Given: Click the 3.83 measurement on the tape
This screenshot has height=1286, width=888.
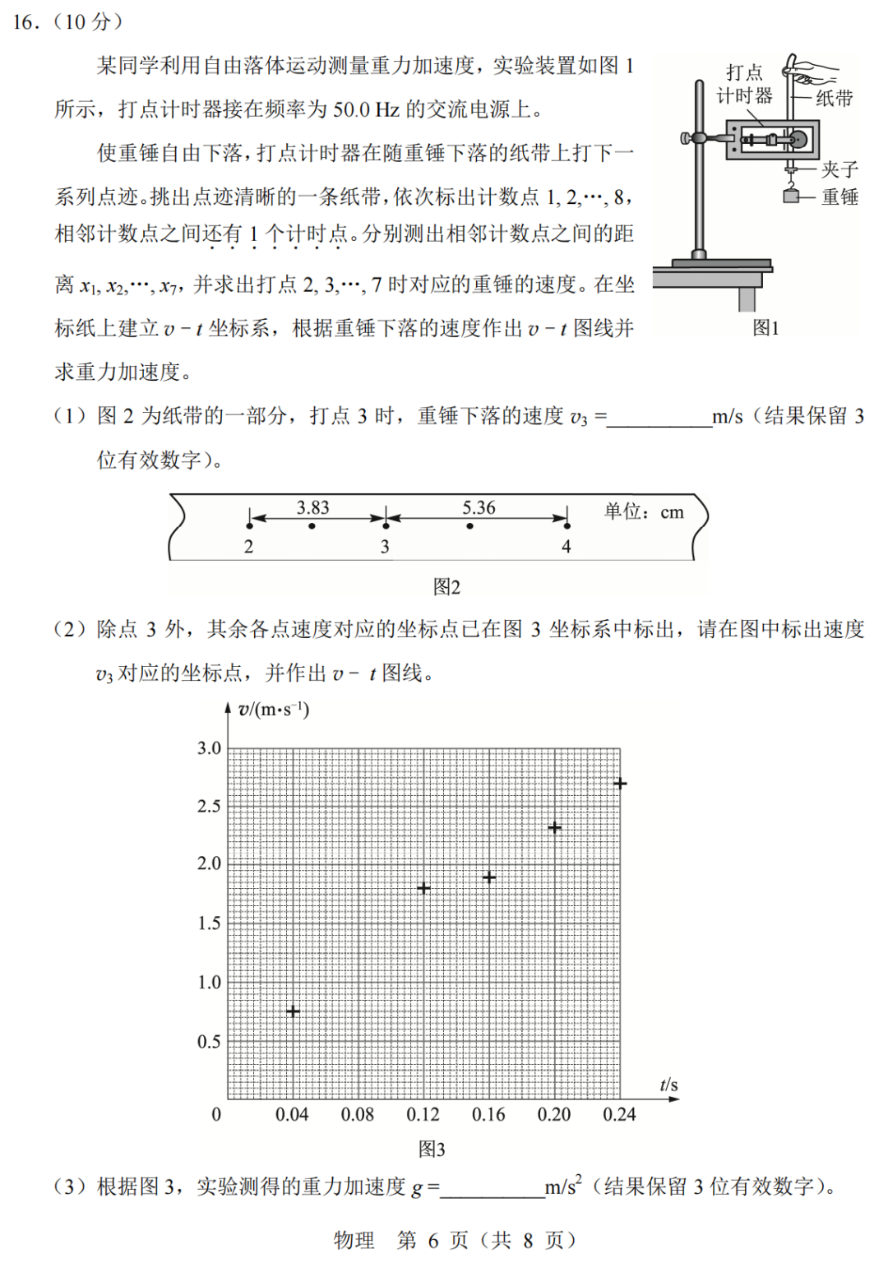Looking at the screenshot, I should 312,507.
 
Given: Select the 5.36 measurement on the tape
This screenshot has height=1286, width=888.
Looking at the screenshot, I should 479,507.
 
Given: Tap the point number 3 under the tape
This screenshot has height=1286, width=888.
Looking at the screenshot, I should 385,547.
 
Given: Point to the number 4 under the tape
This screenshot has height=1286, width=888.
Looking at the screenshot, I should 566,547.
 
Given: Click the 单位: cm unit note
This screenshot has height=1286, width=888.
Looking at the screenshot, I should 644,511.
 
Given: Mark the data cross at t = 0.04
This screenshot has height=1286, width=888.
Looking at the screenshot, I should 293,1011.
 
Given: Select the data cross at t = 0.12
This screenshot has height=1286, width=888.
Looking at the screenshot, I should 423,888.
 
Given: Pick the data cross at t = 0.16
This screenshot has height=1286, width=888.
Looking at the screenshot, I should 489,877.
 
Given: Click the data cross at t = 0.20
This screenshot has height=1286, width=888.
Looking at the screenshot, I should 554,827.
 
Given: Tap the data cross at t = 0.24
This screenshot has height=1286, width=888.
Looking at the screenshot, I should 620,784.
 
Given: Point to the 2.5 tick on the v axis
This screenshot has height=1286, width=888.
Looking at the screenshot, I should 209,806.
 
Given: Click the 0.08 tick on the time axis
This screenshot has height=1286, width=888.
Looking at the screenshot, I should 358,1115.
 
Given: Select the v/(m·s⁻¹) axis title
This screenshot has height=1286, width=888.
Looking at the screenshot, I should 273,710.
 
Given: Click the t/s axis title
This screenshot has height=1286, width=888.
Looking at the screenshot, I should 668,1085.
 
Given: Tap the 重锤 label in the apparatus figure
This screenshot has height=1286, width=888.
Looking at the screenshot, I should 839,197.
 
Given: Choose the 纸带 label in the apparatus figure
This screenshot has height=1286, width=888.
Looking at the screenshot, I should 834,99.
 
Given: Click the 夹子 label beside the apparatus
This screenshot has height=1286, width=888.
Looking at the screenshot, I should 839,169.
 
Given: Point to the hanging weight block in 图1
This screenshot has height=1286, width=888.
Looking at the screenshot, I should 791,196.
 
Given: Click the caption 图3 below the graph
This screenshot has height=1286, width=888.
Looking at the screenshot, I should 432,1149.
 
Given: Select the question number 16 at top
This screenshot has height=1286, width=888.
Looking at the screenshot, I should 26,22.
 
